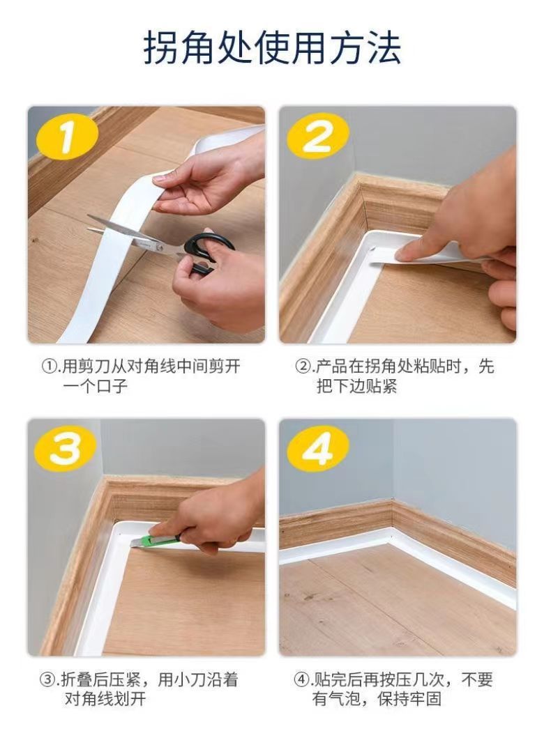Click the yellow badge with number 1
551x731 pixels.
tap(67, 137)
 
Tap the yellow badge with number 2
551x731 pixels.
tap(318, 136)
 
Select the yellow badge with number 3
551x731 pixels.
tap(66, 449)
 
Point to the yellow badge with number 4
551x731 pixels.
tap(318, 449)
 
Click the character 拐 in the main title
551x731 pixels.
tap(161, 47)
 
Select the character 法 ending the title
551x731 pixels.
tap(384, 47)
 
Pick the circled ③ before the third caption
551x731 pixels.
tap(47, 679)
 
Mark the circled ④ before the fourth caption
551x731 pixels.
tap(301, 679)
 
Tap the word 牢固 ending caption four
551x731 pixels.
tap(425, 700)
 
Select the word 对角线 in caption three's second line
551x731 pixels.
tap(88, 700)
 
